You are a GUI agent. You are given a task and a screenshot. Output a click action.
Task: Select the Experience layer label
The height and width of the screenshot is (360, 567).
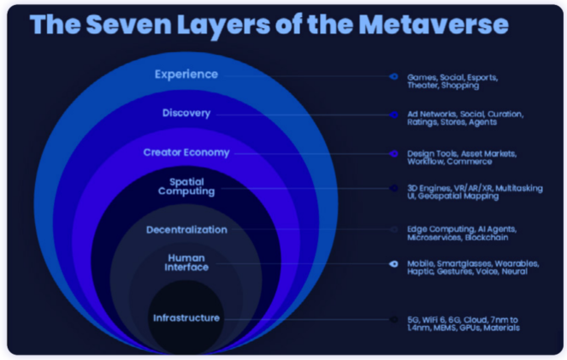pos(186,74)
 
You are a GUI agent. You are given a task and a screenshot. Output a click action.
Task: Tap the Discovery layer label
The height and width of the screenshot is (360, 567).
pos(186,113)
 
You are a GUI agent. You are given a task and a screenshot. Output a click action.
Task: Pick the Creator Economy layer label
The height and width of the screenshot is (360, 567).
pos(186,152)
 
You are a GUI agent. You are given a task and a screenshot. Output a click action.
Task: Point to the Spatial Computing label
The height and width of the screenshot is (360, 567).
pos(186,187)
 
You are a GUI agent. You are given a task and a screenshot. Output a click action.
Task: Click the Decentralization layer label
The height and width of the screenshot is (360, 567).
pos(186,229)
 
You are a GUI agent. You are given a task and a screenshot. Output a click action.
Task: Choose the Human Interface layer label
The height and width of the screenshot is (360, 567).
pos(186,262)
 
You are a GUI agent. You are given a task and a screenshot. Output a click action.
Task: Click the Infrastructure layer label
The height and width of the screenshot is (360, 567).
pos(186,318)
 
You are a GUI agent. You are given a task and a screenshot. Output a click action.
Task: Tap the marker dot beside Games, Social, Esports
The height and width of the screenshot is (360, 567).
pos(393,76)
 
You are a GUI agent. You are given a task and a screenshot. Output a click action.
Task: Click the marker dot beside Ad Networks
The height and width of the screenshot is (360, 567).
pos(393,114)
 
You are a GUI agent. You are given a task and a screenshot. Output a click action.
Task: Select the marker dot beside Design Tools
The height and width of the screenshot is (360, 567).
pos(393,153)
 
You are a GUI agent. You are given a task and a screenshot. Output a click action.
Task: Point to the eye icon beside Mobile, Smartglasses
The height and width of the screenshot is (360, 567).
pos(393,263)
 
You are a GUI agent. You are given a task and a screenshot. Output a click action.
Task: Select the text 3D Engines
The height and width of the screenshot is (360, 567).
pos(428,187)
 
